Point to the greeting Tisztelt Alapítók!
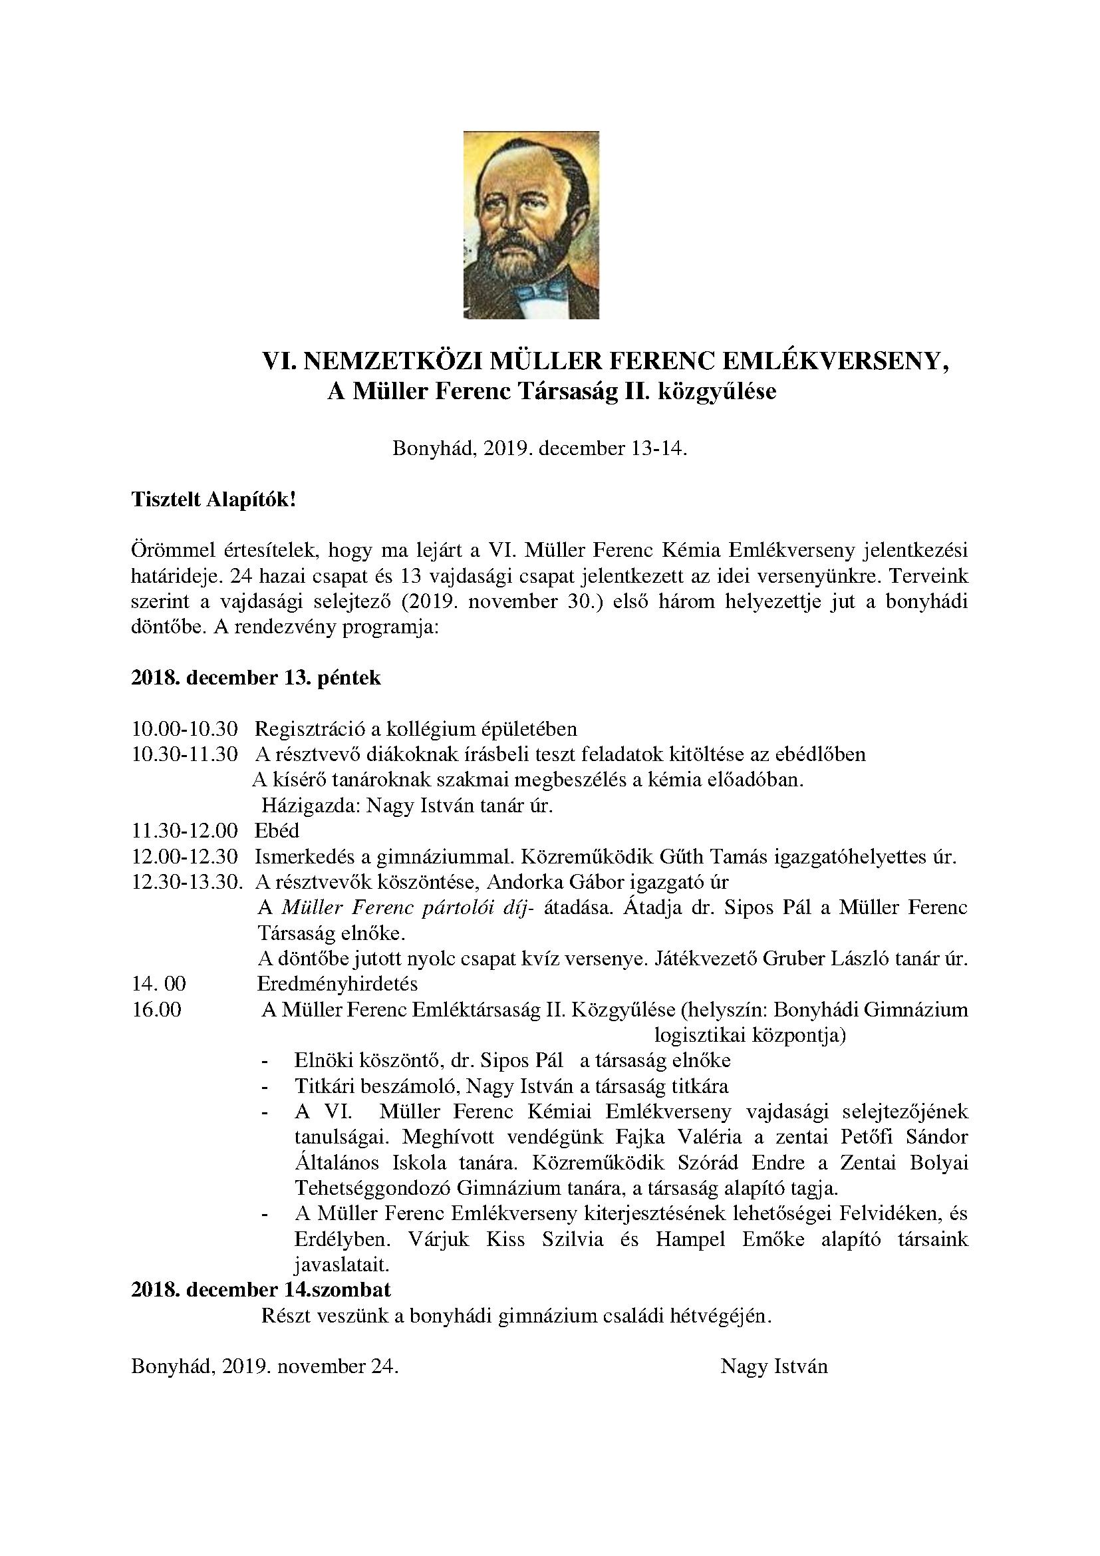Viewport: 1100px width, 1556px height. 213,500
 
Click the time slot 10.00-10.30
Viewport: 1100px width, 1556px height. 185,729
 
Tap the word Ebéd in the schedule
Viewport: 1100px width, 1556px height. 277,831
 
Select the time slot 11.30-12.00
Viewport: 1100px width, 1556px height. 185,831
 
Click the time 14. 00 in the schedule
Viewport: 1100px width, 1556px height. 159,983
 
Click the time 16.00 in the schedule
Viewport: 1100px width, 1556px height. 156,1009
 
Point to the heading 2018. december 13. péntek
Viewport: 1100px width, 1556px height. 256,678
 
